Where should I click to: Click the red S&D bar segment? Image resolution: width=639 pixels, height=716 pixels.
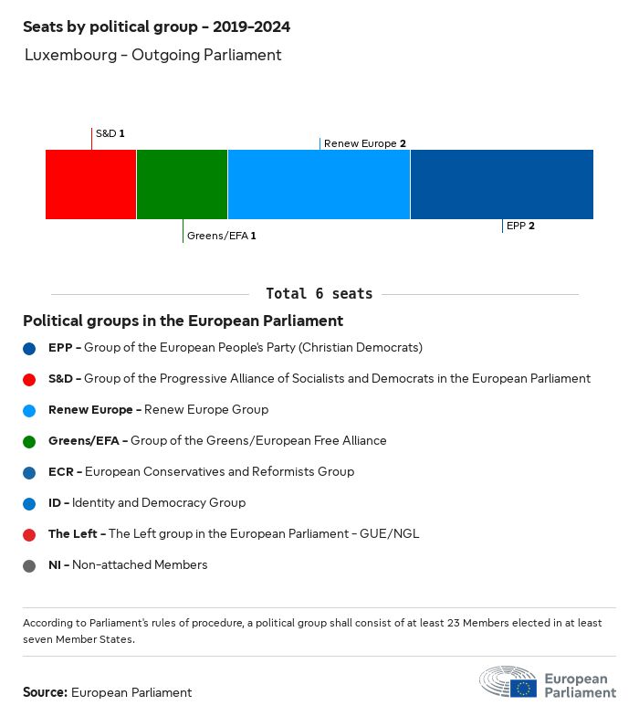point(90,184)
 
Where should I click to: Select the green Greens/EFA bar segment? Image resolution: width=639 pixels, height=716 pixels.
point(182,184)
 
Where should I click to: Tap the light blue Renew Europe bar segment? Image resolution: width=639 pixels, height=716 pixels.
point(319,184)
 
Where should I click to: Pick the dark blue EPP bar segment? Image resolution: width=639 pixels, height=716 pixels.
point(501,184)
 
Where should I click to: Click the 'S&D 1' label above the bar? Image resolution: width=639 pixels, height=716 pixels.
point(110,133)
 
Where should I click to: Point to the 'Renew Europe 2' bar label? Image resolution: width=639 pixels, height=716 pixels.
point(364,143)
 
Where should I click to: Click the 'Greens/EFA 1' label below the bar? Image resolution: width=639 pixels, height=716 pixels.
point(221,236)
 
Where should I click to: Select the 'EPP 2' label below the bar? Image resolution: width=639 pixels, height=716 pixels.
point(519,226)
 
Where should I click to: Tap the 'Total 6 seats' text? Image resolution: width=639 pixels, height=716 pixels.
point(319,294)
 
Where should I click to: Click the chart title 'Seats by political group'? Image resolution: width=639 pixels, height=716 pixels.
point(156,26)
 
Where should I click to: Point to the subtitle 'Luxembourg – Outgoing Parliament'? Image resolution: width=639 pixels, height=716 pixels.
point(152,55)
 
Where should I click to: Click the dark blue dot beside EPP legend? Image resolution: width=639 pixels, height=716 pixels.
point(30,348)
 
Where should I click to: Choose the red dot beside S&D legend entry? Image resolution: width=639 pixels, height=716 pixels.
point(30,379)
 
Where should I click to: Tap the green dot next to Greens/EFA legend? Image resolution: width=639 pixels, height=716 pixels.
point(30,441)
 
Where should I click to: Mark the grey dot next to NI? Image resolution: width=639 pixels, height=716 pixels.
point(30,565)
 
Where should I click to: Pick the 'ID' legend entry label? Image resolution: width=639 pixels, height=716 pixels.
point(55,503)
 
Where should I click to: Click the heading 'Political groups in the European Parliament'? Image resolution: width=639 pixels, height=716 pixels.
point(183,321)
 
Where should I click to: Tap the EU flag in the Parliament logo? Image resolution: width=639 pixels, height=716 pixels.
point(523,688)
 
